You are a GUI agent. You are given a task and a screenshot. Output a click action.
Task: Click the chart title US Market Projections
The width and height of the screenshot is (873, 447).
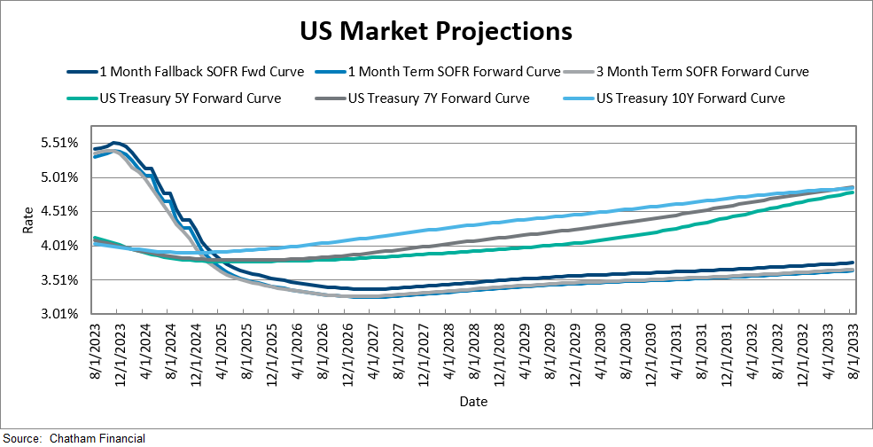pyautogui.click(x=436, y=31)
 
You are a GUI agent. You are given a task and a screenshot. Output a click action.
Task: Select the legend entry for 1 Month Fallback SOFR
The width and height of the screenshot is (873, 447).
pyautogui.click(x=201, y=71)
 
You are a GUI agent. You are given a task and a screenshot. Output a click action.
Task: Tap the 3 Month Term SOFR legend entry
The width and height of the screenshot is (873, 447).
pyautogui.click(x=701, y=71)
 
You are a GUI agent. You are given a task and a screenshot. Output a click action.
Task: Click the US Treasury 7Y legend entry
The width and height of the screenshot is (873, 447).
pyautogui.click(x=439, y=98)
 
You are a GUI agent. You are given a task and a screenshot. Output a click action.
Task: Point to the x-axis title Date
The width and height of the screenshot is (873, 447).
pyautogui.click(x=472, y=402)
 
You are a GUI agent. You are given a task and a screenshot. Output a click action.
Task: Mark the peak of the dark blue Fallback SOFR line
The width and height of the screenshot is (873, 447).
pyautogui.click(x=114, y=142)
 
